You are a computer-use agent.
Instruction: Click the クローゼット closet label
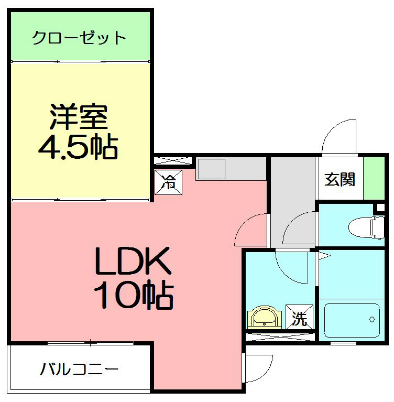[79, 38]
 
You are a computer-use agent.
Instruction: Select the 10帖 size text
[133, 297]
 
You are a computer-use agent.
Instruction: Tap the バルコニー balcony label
[79, 370]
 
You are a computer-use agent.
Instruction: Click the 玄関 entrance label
[340, 179]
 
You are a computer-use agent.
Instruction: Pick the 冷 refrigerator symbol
[169, 182]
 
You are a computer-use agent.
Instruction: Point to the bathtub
[351, 319]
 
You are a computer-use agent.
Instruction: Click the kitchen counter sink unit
[212, 169]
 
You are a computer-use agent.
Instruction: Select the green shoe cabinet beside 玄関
[373, 178]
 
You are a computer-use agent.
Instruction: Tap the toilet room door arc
[299, 226]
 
